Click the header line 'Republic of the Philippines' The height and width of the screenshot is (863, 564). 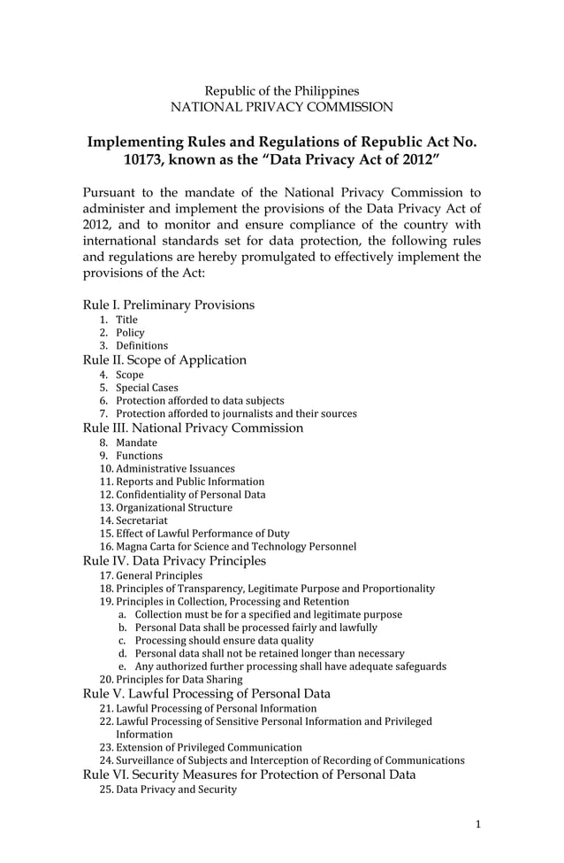tap(282, 91)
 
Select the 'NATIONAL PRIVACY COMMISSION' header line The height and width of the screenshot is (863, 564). tap(282, 107)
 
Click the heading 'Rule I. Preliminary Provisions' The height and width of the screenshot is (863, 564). tap(168, 304)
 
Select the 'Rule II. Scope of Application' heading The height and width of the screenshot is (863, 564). tap(164, 359)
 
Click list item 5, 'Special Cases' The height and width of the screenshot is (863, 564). tap(147, 388)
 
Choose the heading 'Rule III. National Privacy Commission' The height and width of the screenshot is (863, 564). tap(193, 428)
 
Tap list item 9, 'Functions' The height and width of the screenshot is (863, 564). tap(139, 456)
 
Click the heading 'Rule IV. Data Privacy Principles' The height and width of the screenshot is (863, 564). tap(174, 560)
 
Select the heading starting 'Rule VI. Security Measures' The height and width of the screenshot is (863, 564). tap(248, 774)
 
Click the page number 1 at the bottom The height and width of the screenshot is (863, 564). tap(478, 825)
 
